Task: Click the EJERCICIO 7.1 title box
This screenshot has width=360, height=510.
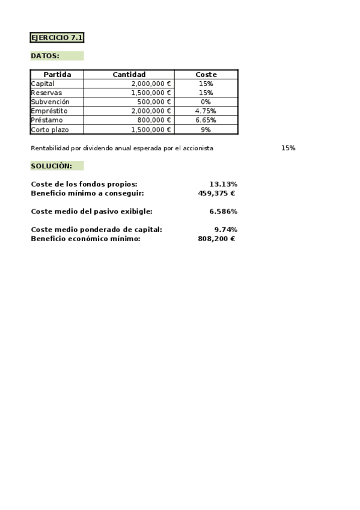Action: [x=56, y=37]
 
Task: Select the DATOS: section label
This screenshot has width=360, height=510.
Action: [x=45, y=56]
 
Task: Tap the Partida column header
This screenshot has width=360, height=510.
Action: [x=57, y=75]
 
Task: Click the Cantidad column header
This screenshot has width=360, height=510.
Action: [x=129, y=75]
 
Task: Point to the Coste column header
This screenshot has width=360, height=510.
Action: [x=206, y=75]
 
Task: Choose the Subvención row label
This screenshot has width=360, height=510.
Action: [x=49, y=102]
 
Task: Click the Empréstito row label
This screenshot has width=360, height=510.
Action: [x=49, y=111]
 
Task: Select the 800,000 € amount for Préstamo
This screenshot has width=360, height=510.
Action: [x=154, y=120]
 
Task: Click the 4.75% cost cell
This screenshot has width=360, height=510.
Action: [x=206, y=111]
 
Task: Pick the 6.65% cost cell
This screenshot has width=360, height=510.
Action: [x=206, y=120]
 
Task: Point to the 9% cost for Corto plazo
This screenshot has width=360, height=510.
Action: [x=206, y=129]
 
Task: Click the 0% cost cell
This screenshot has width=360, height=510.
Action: [x=206, y=102]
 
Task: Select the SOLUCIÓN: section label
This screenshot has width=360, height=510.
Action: [x=51, y=165]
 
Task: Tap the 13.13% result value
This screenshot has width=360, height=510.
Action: [x=223, y=184]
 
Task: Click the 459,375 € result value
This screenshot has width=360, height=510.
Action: [x=216, y=193]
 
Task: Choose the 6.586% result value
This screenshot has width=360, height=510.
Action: [x=223, y=211]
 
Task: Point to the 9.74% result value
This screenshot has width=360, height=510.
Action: [x=225, y=229]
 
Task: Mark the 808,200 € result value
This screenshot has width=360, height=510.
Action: [x=216, y=239]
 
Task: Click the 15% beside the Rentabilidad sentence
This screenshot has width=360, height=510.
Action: [x=288, y=148]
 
